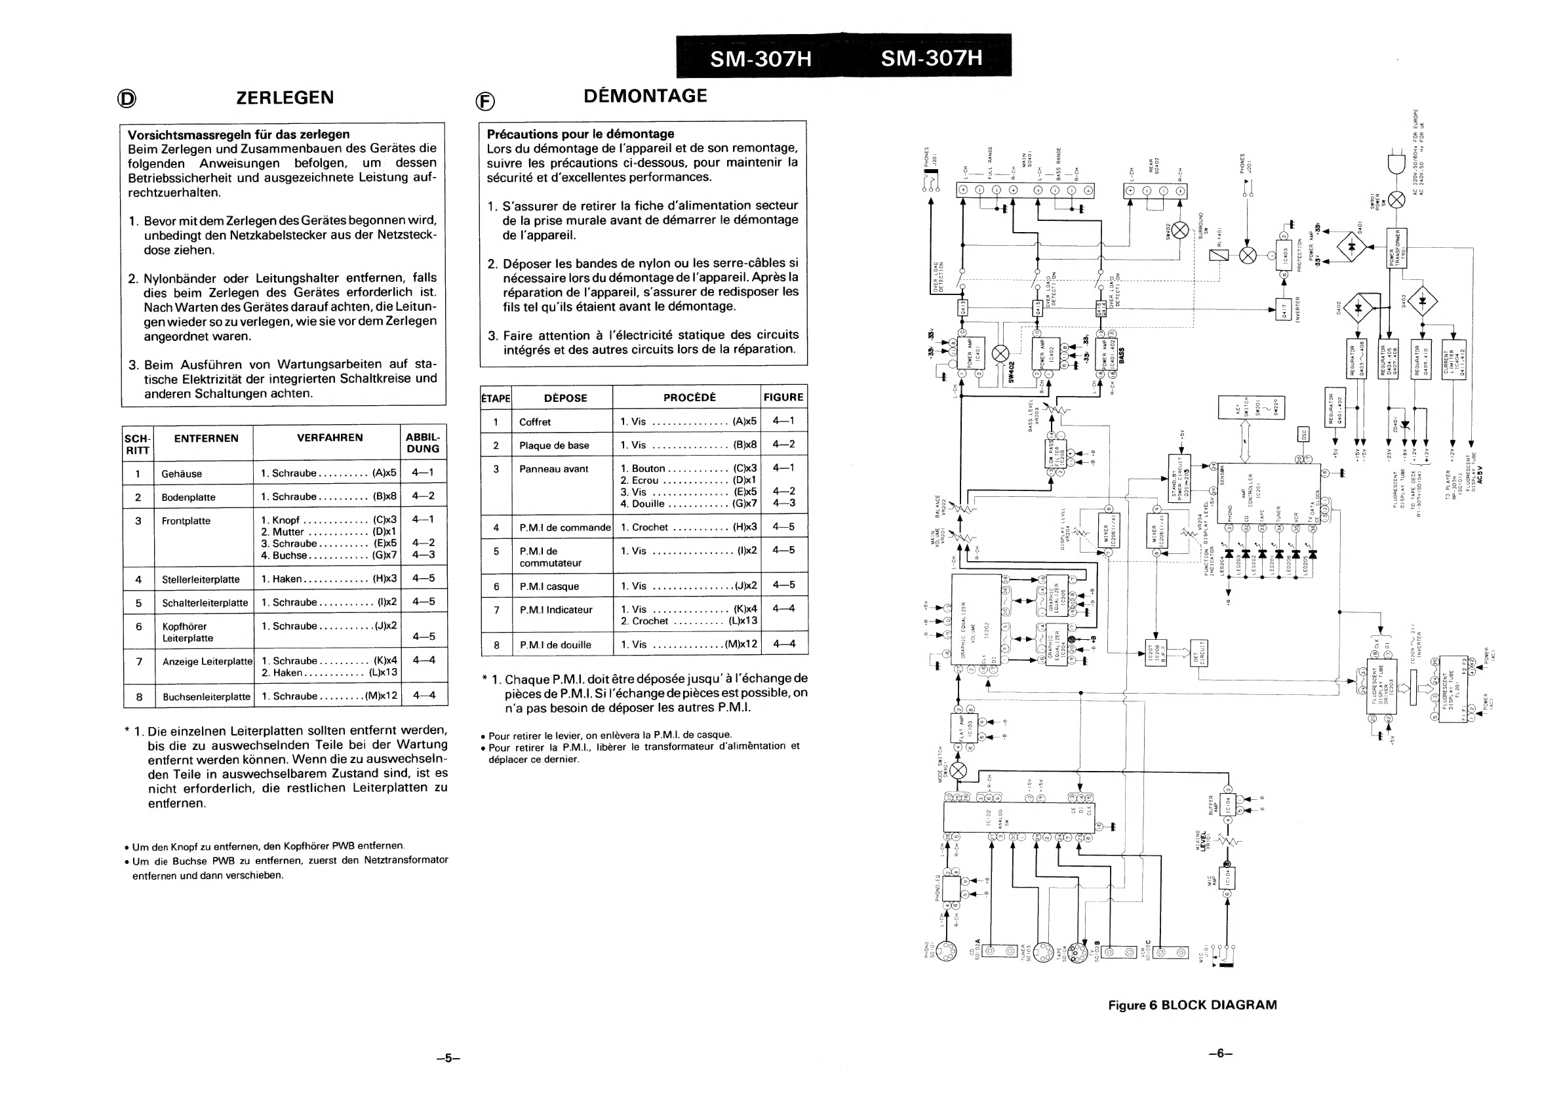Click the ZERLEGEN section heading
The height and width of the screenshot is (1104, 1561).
(x=285, y=97)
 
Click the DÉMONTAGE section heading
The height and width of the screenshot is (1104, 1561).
(x=644, y=96)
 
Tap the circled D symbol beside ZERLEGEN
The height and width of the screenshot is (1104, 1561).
(x=127, y=99)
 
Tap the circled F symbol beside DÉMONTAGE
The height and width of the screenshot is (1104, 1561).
(x=484, y=102)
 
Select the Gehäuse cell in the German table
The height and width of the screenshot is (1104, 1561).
(x=182, y=474)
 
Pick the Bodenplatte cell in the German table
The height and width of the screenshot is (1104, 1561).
(x=188, y=498)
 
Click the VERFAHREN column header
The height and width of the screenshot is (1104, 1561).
(x=330, y=438)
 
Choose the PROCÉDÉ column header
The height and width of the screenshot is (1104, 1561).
(x=690, y=398)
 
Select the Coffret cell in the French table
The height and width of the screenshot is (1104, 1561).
(x=535, y=422)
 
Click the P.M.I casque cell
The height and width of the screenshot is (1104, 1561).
(x=549, y=587)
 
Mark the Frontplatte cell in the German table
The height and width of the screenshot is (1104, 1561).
(x=186, y=521)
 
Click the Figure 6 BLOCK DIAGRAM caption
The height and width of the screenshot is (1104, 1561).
(x=1193, y=1005)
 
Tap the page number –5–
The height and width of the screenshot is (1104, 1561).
(x=448, y=1059)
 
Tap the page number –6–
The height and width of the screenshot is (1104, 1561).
(x=1219, y=1054)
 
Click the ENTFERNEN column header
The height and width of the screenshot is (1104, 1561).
(x=206, y=439)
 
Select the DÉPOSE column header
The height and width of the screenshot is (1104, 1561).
(x=565, y=399)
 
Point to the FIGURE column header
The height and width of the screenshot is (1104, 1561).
(x=783, y=398)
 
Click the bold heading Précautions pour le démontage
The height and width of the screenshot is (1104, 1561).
(x=580, y=134)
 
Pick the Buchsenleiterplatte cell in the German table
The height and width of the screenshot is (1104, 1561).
(x=207, y=697)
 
